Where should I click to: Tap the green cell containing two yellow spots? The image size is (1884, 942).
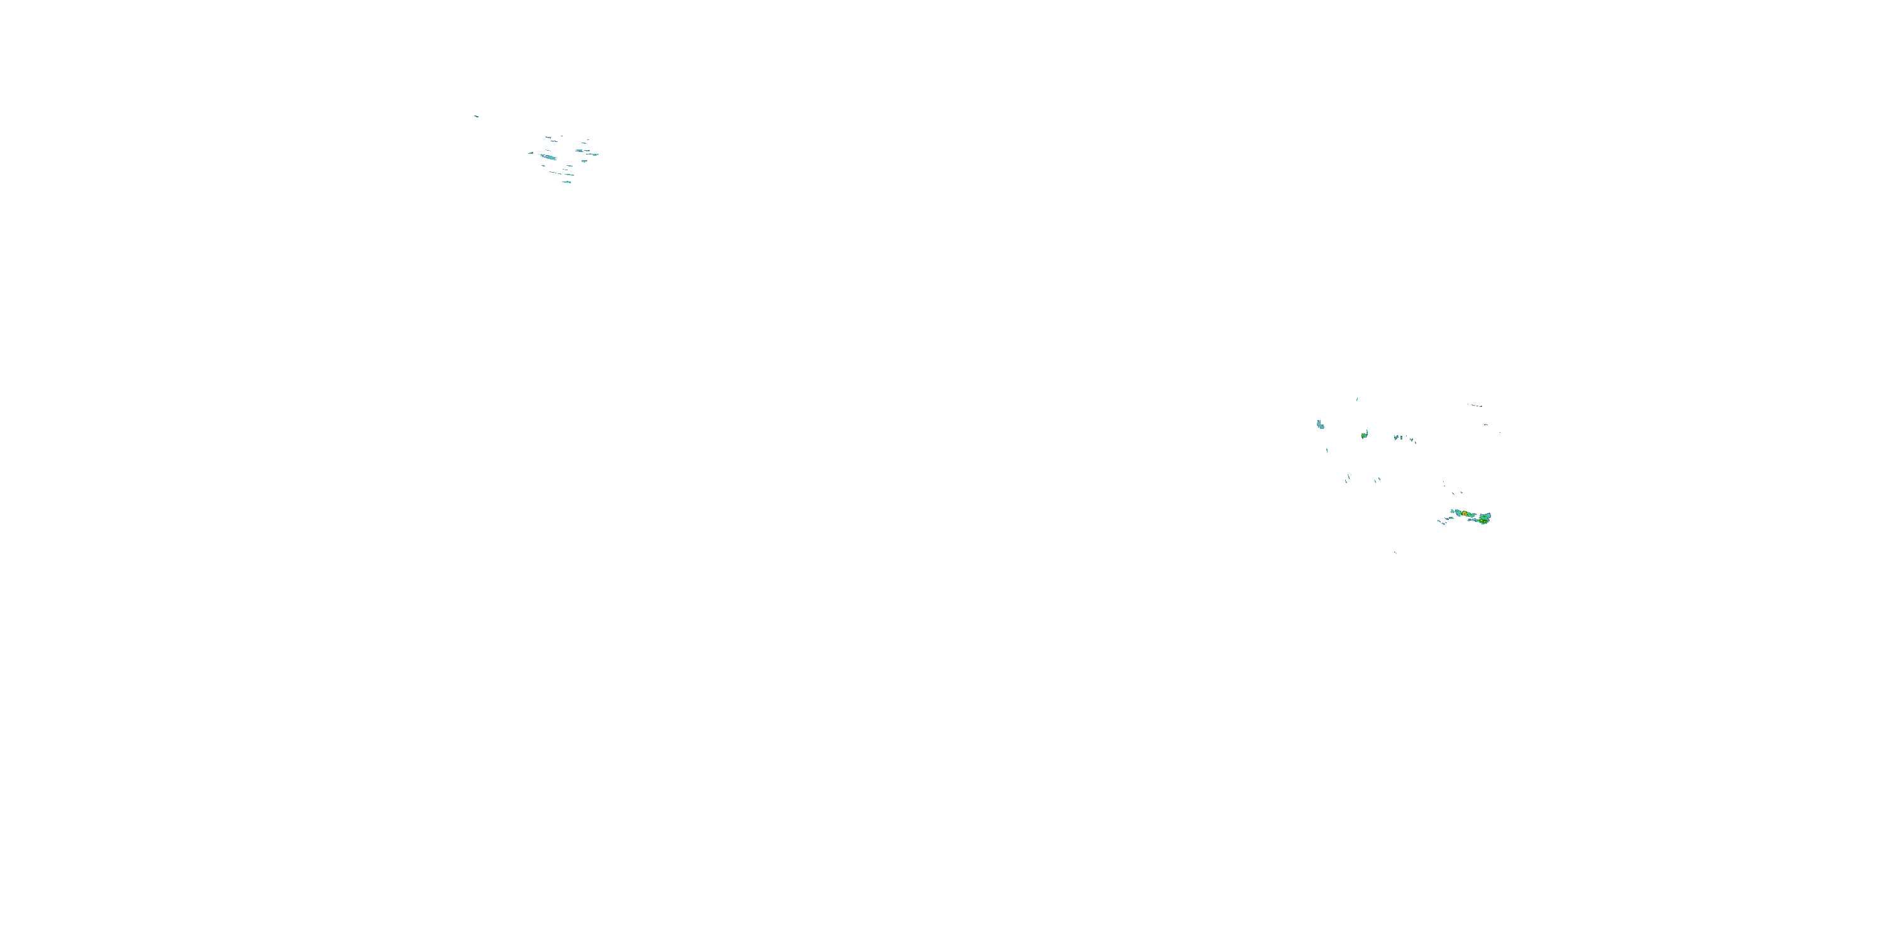point(1483,521)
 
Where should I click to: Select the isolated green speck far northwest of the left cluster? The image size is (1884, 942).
point(476,116)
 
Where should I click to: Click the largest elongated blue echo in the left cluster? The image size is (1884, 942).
point(550,157)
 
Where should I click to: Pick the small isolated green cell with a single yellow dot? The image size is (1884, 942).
point(1364,436)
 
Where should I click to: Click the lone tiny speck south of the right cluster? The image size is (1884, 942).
point(1395,552)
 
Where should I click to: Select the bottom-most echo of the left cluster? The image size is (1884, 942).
point(567,183)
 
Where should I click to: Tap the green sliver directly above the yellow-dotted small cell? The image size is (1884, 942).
point(1357,399)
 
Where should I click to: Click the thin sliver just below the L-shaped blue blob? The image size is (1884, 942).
point(1328,450)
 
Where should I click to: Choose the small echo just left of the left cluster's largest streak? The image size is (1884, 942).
point(531,154)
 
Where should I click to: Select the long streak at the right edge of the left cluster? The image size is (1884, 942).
point(592,155)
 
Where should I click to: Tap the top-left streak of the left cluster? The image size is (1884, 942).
point(548,138)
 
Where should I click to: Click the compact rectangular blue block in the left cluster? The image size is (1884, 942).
point(585,161)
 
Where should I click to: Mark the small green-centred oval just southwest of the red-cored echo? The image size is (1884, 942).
point(1451,518)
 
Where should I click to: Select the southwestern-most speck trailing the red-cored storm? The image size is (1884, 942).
point(1439,521)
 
